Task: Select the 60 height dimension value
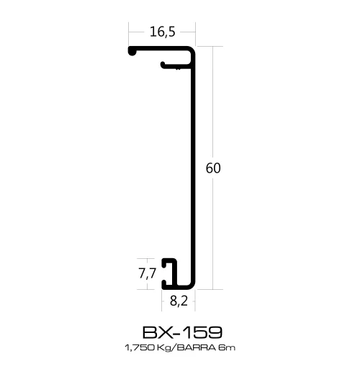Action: click(x=212, y=168)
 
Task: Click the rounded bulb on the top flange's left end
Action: click(x=132, y=51)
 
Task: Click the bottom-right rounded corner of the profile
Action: click(x=192, y=284)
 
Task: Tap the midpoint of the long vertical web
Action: click(x=194, y=168)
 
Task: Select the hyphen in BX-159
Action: click(x=176, y=332)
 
